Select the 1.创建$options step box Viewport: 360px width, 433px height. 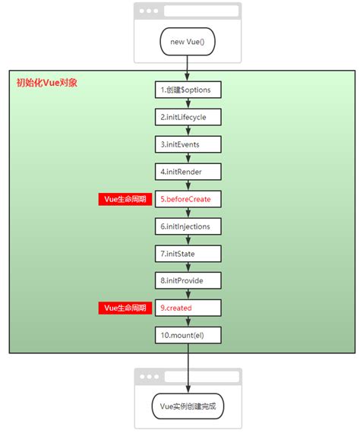pyautogui.click(x=188, y=90)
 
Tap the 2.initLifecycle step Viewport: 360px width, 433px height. pyautogui.click(x=188, y=117)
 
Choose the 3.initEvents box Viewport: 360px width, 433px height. pyautogui.click(x=188, y=144)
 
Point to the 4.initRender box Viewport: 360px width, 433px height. pyautogui.click(x=188, y=172)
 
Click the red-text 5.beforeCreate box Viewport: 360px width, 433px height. pyautogui.click(x=188, y=199)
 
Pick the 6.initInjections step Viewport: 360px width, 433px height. pyautogui.click(x=188, y=226)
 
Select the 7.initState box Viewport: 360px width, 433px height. pyautogui.click(x=188, y=254)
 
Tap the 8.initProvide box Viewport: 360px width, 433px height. pyautogui.click(x=188, y=281)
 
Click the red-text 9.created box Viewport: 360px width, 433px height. pyautogui.click(x=188, y=308)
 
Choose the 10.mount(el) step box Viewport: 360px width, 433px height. pyautogui.click(x=188, y=335)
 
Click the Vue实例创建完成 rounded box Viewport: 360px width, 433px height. pyautogui.click(x=188, y=406)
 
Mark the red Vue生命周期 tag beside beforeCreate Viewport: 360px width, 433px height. pyautogui.click(x=125, y=199)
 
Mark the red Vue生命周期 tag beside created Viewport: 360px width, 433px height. pyautogui.click(x=125, y=308)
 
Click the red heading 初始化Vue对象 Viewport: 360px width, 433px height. pyautogui.click(x=46, y=83)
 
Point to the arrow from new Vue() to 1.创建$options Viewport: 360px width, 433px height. pyautogui.click(x=188, y=67)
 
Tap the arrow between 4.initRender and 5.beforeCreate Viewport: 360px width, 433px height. pyautogui.click(x=188, y=185)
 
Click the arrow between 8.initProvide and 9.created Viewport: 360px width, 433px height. pyautogui.click(x=188, y=295)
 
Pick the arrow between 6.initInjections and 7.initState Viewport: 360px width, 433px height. pyautogui.click(x=188, y=240)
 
